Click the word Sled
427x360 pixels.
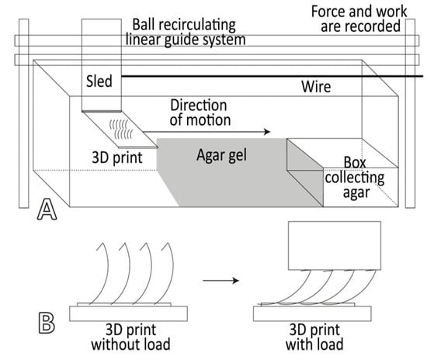coord(99,81)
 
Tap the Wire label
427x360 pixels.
coord(316,87)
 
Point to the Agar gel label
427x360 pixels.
coord(222,156)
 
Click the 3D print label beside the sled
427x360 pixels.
coord(117,157)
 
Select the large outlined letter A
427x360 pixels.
coord(47,209)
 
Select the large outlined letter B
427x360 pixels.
coord(47,323)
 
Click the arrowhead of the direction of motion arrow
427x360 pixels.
coord(267,132)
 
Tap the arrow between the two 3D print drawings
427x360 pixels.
coord(220,281)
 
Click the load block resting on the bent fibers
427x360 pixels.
coord(335,245)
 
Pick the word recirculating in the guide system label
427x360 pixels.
coord(197,25)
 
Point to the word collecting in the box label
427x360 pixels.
coord(355,178)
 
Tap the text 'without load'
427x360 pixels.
coord(131,344)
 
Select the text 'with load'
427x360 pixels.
coord(314,344)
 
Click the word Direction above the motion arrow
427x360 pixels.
coord(199,106)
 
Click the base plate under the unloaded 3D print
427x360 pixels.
coord(128,313)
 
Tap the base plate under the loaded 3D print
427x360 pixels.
coord(312,313)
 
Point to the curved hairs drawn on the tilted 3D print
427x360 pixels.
coord(121,129)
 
